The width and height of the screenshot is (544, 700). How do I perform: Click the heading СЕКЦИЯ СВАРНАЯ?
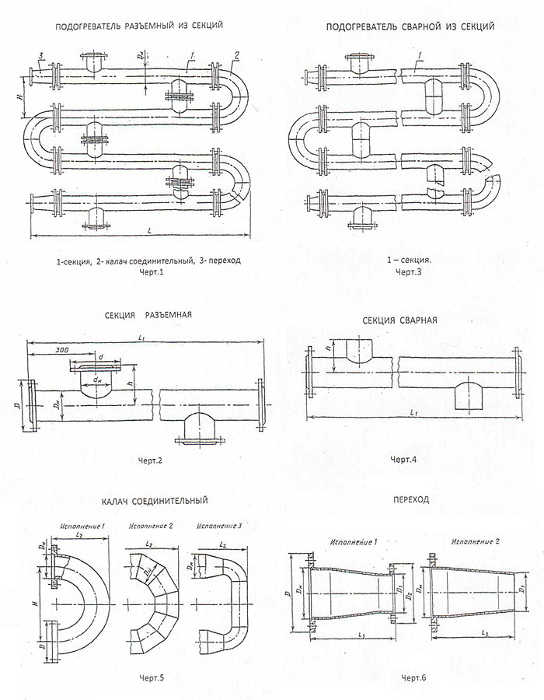click(405, 320)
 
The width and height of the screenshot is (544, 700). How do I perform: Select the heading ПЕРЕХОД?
click(412, 499)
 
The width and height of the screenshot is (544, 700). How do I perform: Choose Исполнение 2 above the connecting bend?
click(148, 527)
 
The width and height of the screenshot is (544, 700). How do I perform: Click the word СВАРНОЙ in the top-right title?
click(412, 26)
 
